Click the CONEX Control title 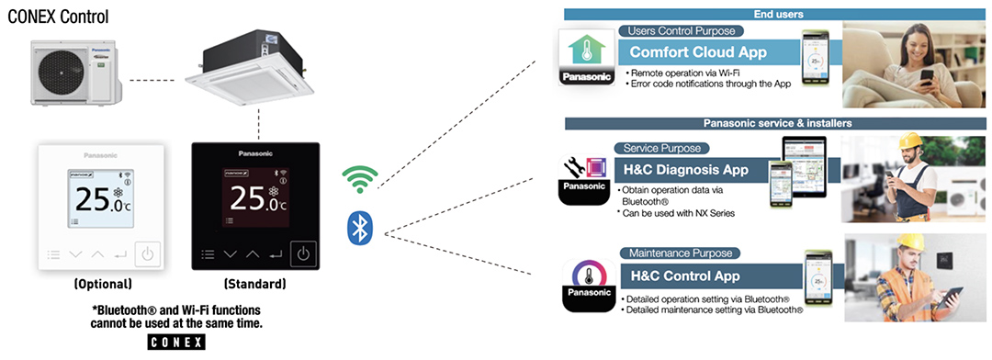[x=56, y=17]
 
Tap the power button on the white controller [x=147, y=254]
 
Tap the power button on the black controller [x=303, y=253]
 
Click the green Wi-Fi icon [x=359, y=177]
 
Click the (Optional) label [x=104, y=284]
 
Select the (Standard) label [x=253, y=284]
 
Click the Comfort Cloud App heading [x=697, y=52]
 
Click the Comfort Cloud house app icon [x=586, y=57]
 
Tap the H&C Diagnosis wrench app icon [x=586, y=173]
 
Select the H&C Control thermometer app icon [x=586, y=281]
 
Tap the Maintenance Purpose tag [x=669, y=253]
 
